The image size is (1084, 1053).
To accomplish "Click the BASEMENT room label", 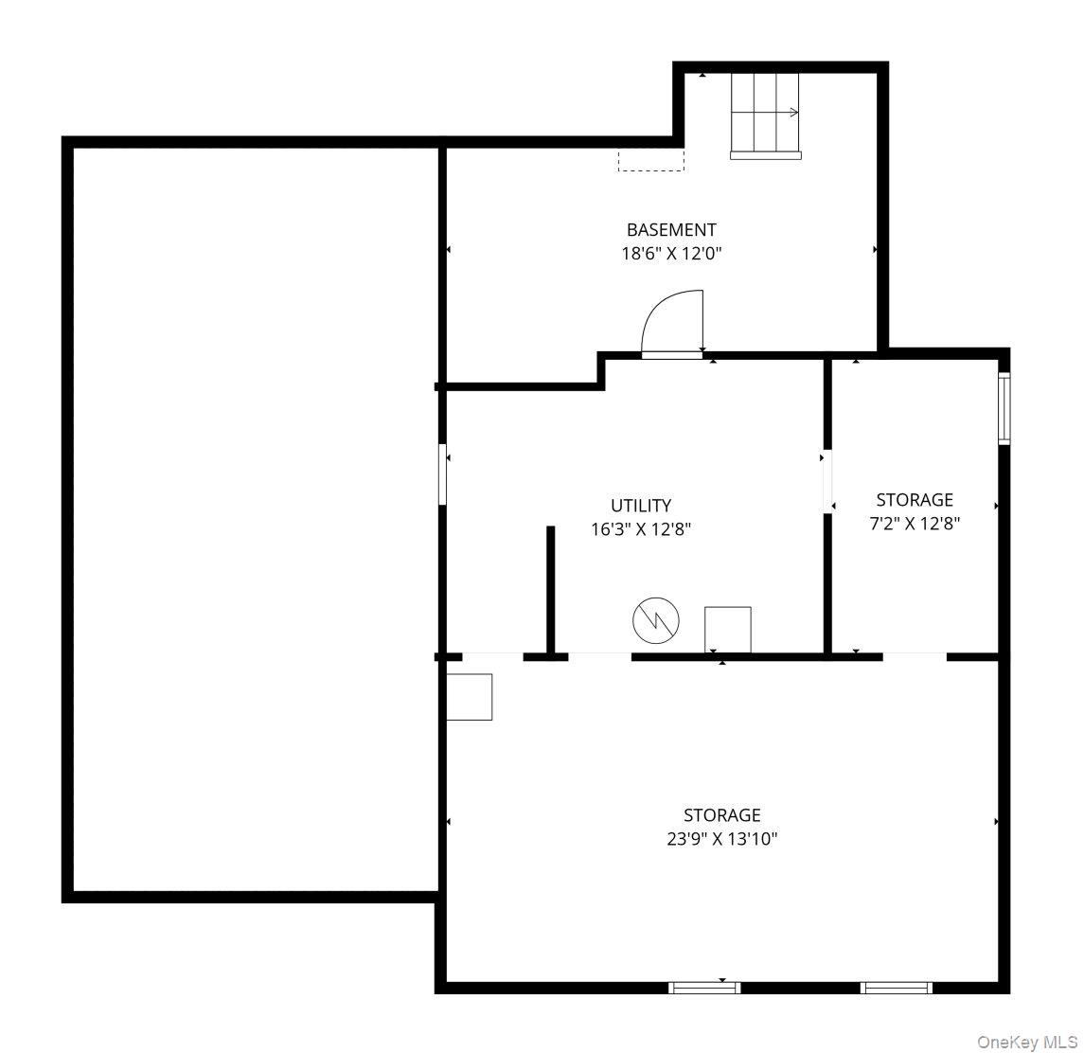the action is (670, 229).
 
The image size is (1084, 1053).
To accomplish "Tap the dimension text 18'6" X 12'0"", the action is (670, 253).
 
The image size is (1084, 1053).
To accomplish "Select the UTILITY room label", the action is (641, 506).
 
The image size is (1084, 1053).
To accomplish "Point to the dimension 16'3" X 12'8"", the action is (641, 529).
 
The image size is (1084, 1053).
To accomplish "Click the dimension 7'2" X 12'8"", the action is (914, 524).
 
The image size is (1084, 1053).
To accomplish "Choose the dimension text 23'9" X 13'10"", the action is (721, 839).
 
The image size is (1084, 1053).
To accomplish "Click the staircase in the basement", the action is (765, 116).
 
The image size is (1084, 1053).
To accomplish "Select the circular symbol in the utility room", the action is (655, 620).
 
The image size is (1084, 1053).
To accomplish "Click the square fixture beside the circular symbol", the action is (727, 630).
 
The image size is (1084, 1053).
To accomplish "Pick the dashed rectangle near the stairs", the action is (650, 160).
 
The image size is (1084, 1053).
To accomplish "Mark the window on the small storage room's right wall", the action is (1004, 409).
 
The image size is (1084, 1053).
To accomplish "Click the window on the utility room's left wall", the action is (442, 474).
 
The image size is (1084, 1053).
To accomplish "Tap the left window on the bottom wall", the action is (703, 988).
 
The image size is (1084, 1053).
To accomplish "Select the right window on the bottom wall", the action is (896, 988).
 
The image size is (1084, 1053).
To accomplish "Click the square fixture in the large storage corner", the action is (470, 697).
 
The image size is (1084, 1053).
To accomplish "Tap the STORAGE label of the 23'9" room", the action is (721, 815).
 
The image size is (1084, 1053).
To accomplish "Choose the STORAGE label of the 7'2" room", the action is (914, 500).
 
